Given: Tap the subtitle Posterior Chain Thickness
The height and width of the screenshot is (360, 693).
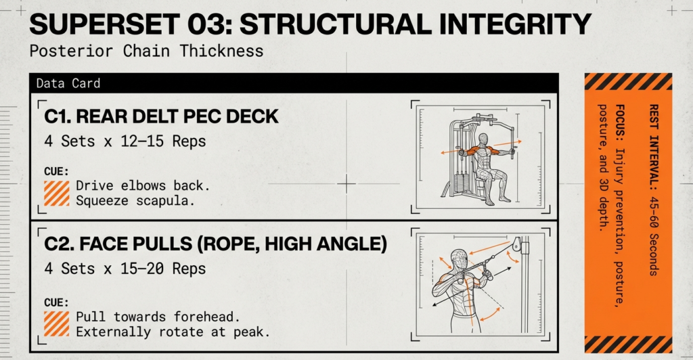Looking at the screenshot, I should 146,51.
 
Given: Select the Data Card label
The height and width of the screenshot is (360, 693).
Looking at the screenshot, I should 68,83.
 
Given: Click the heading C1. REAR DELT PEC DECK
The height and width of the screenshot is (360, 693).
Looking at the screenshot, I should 161,116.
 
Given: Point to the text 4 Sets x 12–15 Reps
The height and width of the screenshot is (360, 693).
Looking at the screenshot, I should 125,142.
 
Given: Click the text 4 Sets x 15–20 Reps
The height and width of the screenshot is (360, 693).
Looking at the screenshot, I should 125,269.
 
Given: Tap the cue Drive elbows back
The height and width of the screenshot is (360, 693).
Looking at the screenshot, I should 132,185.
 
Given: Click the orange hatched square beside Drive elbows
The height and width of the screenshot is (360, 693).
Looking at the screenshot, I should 57,193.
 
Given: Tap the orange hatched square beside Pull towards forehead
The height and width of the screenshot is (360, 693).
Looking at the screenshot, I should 57,324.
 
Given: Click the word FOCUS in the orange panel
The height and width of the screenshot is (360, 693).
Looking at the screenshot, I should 620,118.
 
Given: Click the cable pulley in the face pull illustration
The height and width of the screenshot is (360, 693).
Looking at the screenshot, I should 517,244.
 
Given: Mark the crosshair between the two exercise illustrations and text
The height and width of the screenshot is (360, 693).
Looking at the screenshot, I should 346,183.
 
